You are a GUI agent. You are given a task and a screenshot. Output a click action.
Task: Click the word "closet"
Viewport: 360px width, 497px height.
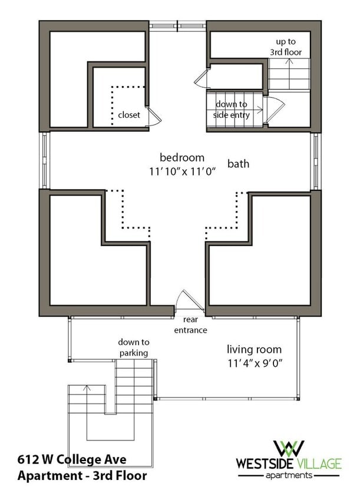129,115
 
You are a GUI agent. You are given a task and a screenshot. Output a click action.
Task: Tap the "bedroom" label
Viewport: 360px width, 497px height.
182,158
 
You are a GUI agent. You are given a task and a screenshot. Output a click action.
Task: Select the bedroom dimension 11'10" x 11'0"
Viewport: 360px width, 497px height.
183,171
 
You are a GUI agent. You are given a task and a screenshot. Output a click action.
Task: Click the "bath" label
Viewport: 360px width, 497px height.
238,164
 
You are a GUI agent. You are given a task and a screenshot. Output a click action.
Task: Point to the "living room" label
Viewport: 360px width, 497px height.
254,349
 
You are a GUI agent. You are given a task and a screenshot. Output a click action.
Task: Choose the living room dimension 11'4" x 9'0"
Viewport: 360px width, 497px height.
255,363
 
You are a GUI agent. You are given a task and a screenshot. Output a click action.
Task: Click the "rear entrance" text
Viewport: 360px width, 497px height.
190,324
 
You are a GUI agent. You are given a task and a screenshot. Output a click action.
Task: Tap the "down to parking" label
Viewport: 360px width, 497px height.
134,347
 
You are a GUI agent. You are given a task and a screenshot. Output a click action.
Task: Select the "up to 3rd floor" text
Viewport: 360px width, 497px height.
285,47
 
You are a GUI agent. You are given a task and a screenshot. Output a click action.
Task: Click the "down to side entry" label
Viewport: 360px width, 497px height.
231,110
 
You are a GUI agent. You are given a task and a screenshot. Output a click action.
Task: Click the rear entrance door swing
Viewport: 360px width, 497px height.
189,300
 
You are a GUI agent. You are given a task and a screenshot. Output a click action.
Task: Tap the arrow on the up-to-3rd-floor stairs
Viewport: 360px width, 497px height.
289,74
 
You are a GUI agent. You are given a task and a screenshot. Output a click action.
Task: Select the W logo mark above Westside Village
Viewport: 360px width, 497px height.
289,449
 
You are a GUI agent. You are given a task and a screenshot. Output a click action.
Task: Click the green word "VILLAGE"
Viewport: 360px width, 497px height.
319,464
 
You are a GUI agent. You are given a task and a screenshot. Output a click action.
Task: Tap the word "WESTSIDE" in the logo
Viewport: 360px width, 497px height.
265,464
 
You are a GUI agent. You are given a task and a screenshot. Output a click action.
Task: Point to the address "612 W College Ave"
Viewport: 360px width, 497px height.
72,459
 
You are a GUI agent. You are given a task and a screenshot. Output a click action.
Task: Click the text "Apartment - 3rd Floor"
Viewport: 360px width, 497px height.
82,476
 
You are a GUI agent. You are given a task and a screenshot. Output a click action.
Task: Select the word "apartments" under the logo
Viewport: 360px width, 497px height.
289,475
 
